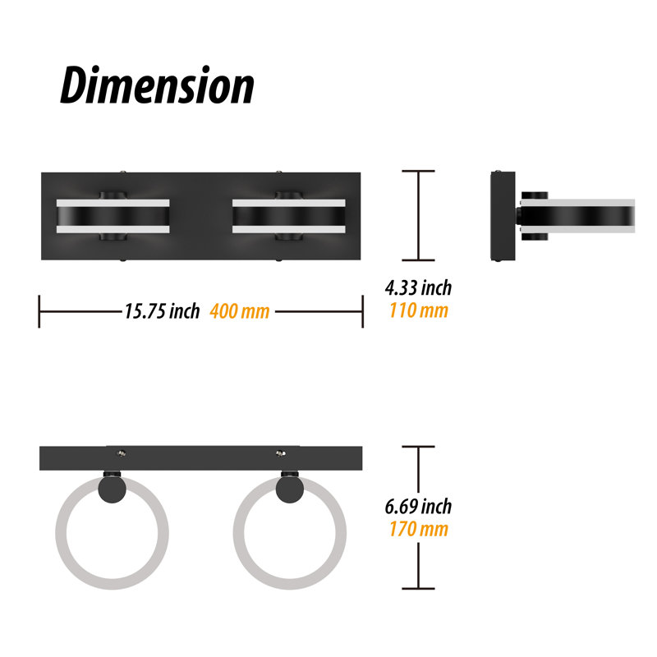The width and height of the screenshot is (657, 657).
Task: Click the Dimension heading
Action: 157,85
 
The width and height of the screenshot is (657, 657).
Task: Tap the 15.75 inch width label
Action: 162,311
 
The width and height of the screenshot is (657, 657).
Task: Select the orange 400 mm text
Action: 240,311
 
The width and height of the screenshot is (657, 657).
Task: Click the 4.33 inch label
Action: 418,288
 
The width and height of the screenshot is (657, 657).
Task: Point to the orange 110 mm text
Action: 419,310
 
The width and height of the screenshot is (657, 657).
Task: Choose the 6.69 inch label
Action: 418,506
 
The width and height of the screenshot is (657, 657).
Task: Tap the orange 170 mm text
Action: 419,529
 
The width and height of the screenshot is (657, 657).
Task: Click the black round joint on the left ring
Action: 112,489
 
